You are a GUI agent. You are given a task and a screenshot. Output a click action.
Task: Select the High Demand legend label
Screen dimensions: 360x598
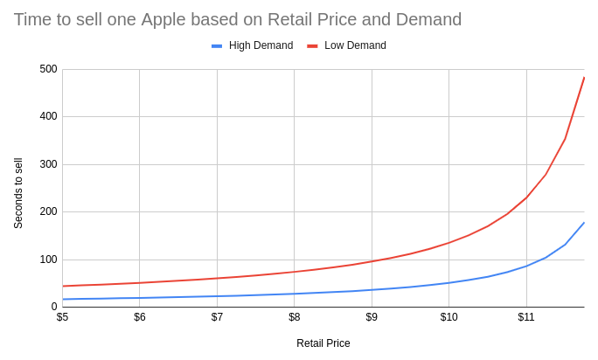(261, 45)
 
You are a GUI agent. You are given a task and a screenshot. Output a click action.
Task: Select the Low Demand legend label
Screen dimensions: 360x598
(355, 45)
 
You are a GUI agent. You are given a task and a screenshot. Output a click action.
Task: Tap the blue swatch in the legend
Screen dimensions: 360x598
(217, 45)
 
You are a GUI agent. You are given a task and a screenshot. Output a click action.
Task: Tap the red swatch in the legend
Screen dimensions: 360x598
(312, 45)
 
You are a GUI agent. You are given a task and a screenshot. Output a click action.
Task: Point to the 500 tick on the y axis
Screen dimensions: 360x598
(48, 69)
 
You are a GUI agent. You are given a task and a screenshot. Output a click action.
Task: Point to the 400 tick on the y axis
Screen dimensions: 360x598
(48, 116)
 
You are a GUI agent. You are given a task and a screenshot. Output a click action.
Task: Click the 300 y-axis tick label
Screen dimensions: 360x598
(48, 164)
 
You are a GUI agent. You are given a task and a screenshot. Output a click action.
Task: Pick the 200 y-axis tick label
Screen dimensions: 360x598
(48, 211)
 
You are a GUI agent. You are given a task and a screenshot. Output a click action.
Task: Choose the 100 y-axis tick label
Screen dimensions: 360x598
(48, 260)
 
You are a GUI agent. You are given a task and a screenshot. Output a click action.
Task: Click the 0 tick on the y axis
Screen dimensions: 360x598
(54, 307)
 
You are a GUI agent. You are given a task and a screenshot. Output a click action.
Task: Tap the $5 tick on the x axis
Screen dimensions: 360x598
(62, 317)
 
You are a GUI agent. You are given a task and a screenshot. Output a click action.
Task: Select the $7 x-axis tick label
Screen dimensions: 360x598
(217, 317)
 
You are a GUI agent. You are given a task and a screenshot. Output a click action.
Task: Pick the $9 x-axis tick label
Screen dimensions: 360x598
(372, 317)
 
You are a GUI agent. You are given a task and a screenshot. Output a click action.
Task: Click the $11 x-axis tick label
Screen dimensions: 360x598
(525, 317)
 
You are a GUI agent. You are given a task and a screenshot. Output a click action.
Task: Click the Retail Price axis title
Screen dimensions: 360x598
(323, 343)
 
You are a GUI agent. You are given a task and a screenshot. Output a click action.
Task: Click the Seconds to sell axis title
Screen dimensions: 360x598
(18, 193)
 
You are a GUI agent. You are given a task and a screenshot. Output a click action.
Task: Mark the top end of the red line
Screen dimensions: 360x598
(584, 77)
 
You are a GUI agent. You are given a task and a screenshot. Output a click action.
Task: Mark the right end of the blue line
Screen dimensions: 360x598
(584, 222)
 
